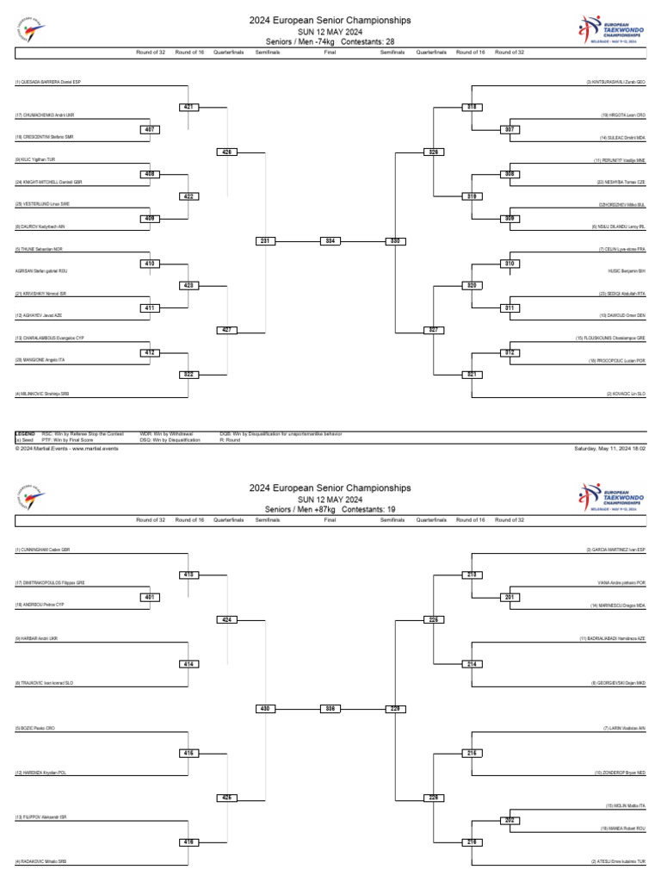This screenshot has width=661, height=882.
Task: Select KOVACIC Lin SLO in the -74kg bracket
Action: (630, 394)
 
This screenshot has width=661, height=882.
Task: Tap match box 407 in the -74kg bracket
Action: (149, 130)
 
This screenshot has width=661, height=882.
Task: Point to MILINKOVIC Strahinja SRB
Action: (41, 394)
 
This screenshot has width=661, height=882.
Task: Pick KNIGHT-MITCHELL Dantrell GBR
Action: (48, 183)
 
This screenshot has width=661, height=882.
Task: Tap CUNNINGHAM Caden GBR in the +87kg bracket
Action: (42, 550)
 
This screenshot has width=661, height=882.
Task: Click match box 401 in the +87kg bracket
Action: (149, 597)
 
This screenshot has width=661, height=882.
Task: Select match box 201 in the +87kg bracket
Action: (509, 597)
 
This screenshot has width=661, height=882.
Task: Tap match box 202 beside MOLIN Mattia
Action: (509, 820)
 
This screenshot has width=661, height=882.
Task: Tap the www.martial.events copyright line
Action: (66, 449)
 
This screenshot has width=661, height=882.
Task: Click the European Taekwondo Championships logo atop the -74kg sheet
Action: (608, 29)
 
